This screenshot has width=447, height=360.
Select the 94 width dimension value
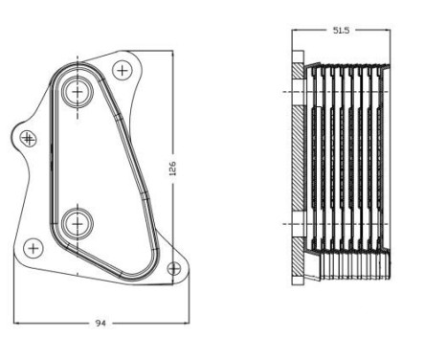[100, 323]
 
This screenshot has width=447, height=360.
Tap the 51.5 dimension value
[340, 31]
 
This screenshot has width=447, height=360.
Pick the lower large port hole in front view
[76, 224]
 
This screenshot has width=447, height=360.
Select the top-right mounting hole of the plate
[122, 70]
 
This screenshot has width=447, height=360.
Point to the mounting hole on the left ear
[28, 139]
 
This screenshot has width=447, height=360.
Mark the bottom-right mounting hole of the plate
[173, 268]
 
